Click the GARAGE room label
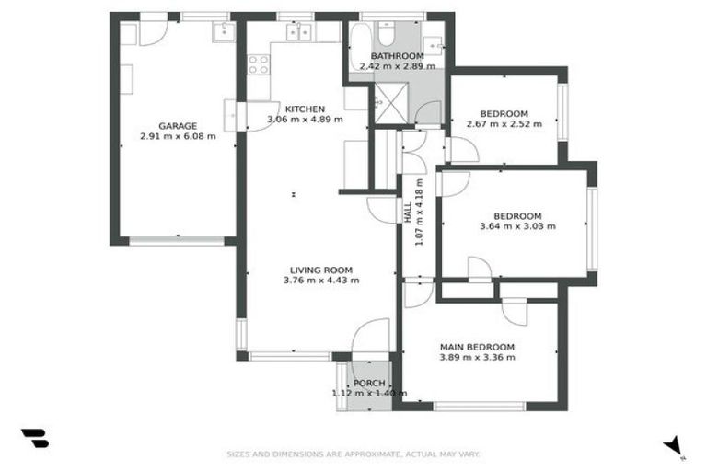[x=178, y=126]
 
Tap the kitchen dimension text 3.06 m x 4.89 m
[x=305, y=120]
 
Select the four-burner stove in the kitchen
[x=259, y=64]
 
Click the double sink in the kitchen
[x=298, y=33]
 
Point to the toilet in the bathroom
[x=387, y=35]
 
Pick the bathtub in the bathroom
[x=358, y=41]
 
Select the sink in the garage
[x=224, y=33]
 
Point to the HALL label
[x=408, y=212]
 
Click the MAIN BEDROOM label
[x=477, y=347]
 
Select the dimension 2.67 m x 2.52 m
[x=504, y=124]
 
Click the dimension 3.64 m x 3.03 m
[x=517, y=226]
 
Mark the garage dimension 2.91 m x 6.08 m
[x=178, y=136]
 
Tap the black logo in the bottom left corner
[x=34, y=439]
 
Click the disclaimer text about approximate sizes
[x=353, y=454]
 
